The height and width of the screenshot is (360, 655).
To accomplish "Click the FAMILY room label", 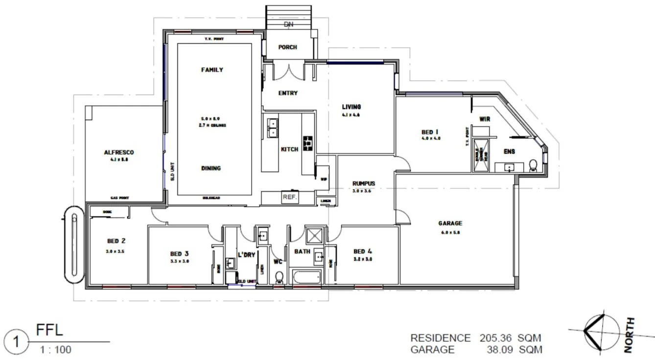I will coord(212,70).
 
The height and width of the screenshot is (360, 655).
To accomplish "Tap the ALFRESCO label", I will coord(118,152).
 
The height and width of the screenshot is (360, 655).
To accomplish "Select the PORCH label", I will coord(287,47).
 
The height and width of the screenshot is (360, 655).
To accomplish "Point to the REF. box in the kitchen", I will coord(290,197).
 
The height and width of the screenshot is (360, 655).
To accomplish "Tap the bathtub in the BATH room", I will coord(305,277).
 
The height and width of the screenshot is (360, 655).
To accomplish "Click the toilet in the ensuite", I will coord(533,165).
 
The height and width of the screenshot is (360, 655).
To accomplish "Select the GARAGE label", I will coord(450,223).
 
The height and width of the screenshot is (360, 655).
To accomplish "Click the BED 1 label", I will coord(430,132).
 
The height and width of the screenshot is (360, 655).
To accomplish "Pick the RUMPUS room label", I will coord(364,184).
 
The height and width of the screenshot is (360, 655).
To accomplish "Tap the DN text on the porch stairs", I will coord(288,24).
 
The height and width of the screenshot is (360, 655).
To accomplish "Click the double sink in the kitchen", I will coord(272,127).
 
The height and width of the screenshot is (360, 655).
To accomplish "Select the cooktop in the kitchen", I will coord(308,143).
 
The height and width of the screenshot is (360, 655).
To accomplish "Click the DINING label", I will coord(211,168).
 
